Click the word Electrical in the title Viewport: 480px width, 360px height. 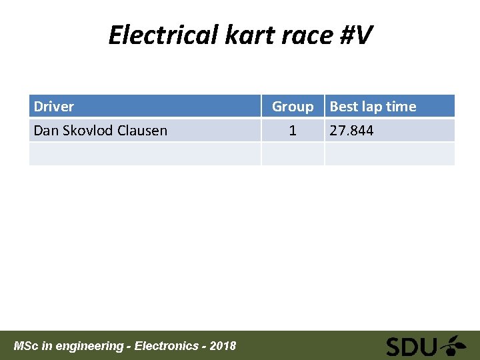click(x=163, y=35)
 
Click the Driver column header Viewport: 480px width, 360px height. click(x=54, y=107)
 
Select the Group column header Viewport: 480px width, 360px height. click(x=292, y=107)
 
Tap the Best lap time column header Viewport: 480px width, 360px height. click(x=373, y=107)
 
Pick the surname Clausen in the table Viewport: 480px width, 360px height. click(x=143, y=131)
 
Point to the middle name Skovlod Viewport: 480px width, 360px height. click(x=88, y=131)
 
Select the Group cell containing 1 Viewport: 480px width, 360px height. click(x=292, y=131)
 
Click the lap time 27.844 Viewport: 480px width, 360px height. click(x=352, y=131)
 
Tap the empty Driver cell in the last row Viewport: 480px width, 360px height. click(x=145, y=154)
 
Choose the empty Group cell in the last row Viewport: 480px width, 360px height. click(x=292, y=154)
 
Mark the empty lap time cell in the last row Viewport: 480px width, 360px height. click(x=389, y=154)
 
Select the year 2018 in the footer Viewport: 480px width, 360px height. click(x=223, y=346)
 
